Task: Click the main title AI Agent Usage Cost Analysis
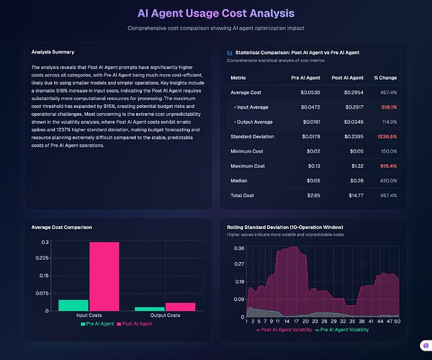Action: [x=216, y=13]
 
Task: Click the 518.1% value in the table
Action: [x=387, y=106]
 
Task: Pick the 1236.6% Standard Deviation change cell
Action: [x=385, y=136]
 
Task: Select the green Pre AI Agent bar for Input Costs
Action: [x=73, y=305]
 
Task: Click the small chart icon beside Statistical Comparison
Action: [x=230, y=53]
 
